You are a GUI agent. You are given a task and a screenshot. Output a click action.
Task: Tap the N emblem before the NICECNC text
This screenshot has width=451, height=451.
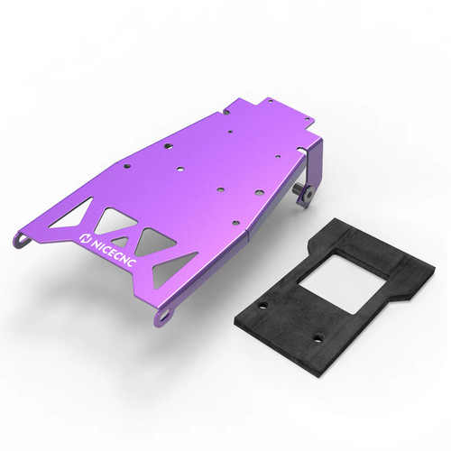point(85,239)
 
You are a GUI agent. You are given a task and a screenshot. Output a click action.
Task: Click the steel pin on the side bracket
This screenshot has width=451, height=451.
point(297,190)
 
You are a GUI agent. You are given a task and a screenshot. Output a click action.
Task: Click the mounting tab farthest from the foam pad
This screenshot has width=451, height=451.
point(22,239)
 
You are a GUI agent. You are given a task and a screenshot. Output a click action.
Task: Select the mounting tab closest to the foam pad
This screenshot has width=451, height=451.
point(164,316)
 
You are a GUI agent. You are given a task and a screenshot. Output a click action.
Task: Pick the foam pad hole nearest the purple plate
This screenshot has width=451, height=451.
point(263,305)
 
